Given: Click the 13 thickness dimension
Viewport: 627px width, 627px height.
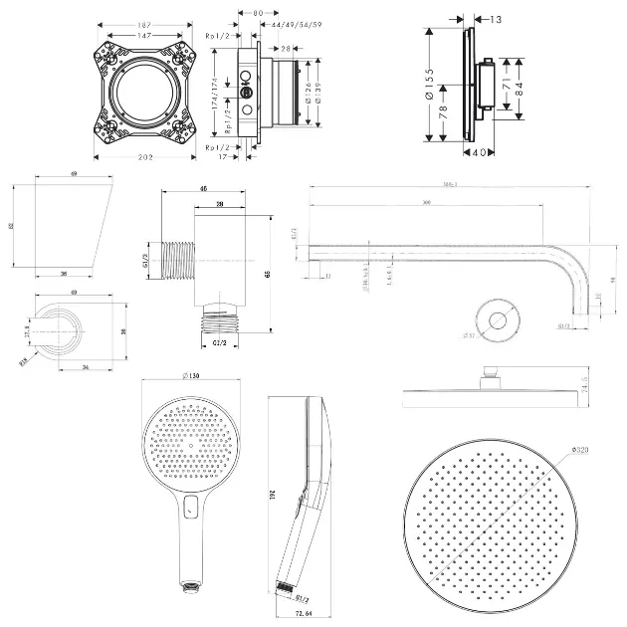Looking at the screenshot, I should click(496, 18).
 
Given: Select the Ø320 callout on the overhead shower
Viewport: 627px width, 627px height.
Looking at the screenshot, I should click(583, 453).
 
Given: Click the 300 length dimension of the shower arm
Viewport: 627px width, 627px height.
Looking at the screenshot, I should click(427, 203).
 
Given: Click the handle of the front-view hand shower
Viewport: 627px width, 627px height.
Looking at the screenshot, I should click(187, 537).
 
